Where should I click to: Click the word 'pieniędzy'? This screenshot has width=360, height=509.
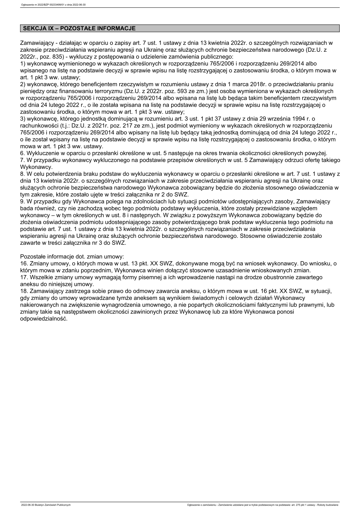[32, 91]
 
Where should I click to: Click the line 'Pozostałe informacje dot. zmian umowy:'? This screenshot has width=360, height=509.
[72, 257]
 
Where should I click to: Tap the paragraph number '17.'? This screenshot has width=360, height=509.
[24, 277]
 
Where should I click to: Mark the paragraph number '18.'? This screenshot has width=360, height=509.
[24, 291]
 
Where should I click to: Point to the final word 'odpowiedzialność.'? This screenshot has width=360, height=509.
[44, 319]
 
